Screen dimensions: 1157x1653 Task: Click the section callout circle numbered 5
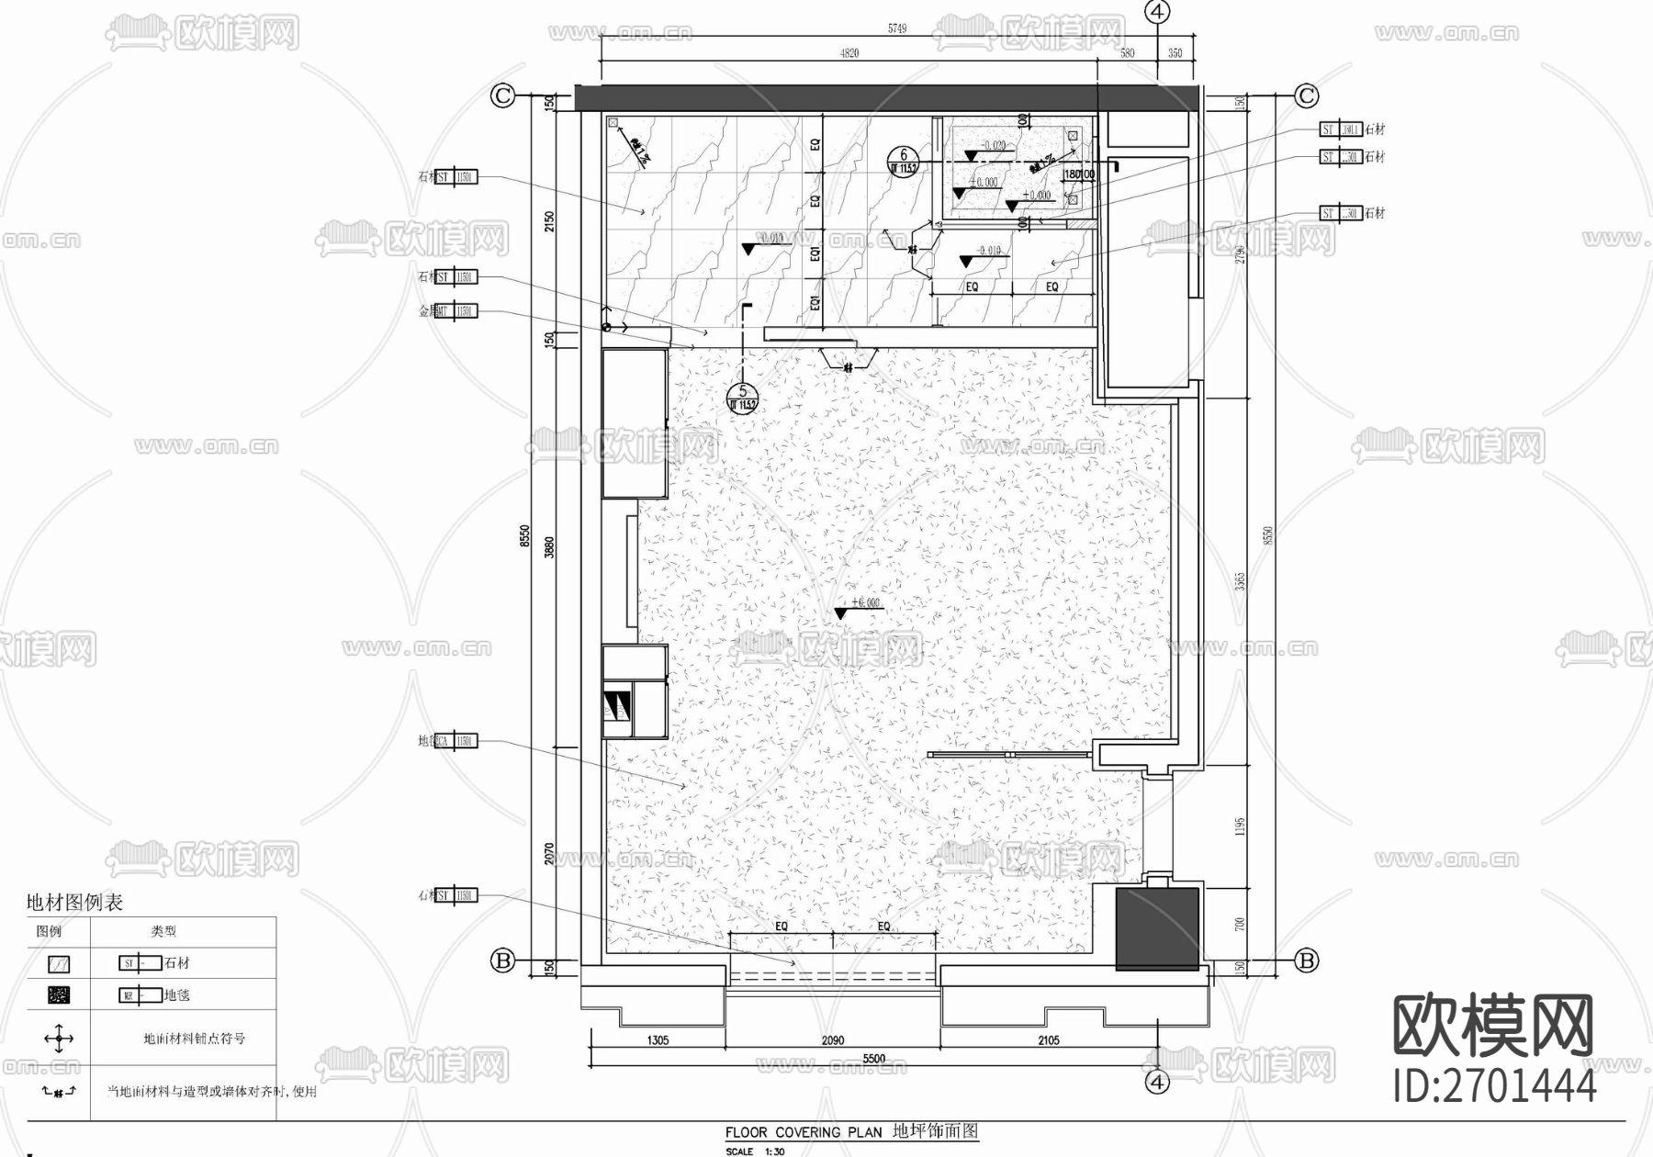(742, 397)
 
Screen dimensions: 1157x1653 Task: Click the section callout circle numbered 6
(903, 161)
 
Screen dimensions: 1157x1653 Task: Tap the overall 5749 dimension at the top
(896, 28)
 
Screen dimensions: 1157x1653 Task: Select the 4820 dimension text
(849, 53)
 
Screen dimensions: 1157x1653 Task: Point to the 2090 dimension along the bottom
(832, 1040)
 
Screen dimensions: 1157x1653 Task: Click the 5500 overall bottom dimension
(873, 1059)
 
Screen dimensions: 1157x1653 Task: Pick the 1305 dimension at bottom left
(658, 1040)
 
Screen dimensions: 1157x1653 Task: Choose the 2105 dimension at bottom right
(1048, 1040)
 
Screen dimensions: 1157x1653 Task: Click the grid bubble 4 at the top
(1158, 11)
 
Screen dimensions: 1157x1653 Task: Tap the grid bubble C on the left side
(502, 95)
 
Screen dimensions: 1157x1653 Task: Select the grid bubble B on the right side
(1306, 960)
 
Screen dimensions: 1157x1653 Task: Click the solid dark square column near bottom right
(1157, 927)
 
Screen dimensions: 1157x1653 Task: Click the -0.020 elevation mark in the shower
(992, 146)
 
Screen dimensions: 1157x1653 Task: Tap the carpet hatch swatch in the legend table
(59, 994)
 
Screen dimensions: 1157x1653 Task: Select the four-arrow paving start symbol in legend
(59, 1039)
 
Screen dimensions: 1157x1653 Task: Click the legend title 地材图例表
(73, 902)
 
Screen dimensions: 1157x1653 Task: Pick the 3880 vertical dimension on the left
(549, 548)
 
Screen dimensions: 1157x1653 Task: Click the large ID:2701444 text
(1494, 1086)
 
